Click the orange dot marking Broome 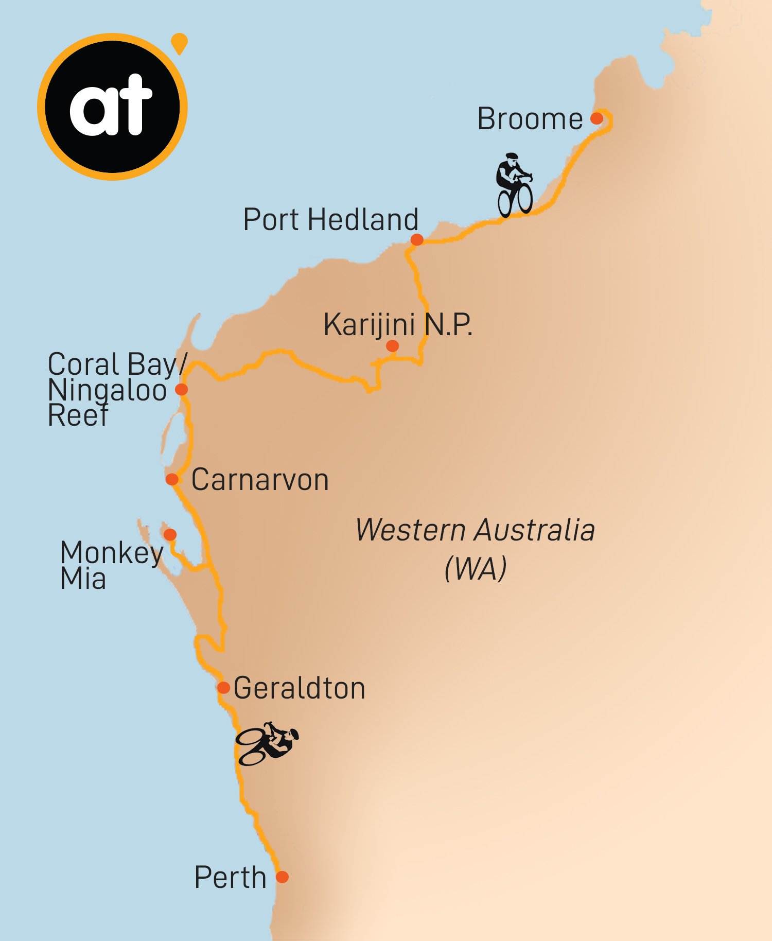point(596,118)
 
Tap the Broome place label point(530,119)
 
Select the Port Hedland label point(330,220)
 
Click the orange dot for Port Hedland point(417,239)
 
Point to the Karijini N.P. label point(397,325)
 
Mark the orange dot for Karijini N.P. point(392,346)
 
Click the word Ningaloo point(107,390)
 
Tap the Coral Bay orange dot point(181,389)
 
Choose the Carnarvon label point(260,480)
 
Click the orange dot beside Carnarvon point(172,479)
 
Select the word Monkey point(112,553)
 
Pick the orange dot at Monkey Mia point(170,534)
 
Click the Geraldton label point(299,688)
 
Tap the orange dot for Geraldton point(223,688)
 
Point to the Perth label point(230,877)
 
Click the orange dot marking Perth point(282,877)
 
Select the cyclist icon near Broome point(514,185)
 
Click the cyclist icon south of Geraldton point(267,744)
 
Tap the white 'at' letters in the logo point(111,106)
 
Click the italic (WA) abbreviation point(476,568)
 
